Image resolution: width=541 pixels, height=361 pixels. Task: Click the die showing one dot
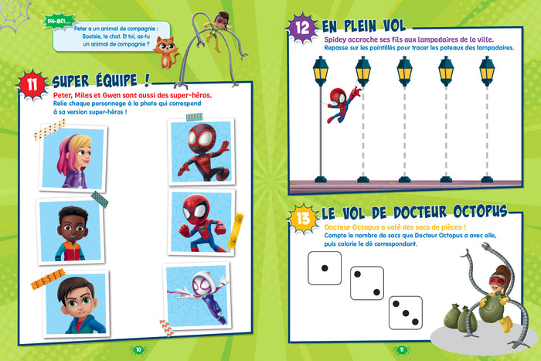[324, 267]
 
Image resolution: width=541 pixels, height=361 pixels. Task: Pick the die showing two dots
[366, 282]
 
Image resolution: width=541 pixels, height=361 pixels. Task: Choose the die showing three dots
[405, 311]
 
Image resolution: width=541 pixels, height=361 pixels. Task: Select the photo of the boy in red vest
[70, 230]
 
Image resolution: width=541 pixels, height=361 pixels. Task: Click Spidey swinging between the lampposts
[343, 103]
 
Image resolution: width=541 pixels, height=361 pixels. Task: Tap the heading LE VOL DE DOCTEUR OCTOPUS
[414, 211]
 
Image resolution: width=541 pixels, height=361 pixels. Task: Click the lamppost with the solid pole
[321, 116]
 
